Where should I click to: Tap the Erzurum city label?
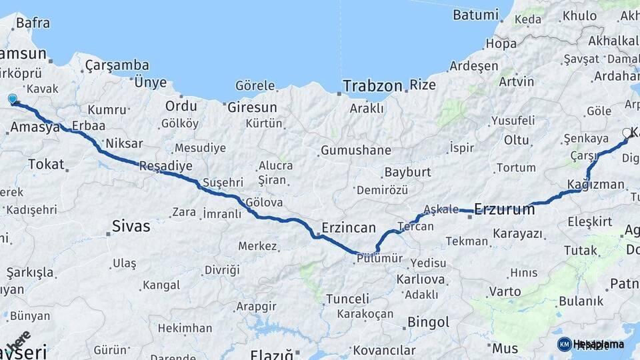(504, 209)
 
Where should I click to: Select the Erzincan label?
(349, 227)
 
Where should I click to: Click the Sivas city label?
(131, 226)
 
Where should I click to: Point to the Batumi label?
(475, 14)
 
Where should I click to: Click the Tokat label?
(46, 164)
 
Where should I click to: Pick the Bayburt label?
(407, 172)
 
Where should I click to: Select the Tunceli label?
(347, 299)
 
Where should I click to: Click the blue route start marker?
(12, 99)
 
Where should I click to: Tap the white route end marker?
(627, 133)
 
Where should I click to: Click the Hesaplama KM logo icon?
(564, 344)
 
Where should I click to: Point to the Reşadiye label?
(165, 166)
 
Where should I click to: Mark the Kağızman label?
(595, 184)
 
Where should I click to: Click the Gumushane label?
(355, 150)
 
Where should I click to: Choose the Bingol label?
(427, 323)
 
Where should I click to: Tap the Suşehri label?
(223, 182)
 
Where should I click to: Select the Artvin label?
(516, 81)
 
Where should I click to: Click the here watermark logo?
(18, 341)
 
